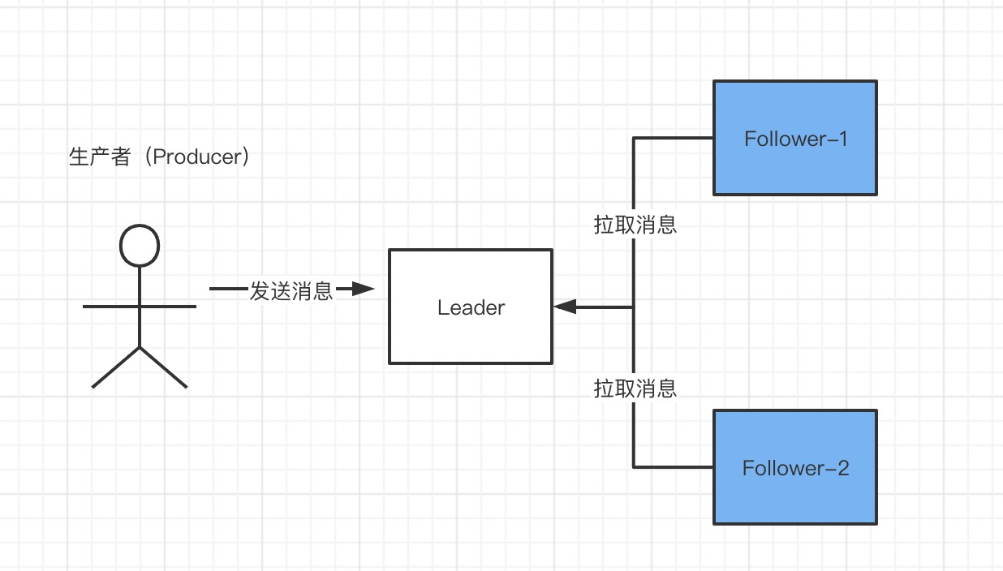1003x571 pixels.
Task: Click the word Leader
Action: [471, 307]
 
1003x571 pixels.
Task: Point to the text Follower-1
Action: [795, 139]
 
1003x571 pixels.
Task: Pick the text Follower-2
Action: [795, 468]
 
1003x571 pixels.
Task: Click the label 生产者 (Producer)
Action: [159, 157]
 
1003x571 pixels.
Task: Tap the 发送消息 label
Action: [291, 291]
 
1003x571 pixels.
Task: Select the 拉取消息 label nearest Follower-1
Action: [635, 225]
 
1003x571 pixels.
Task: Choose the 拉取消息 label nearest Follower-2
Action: [635, 389]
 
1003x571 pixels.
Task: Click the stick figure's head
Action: [140, 245]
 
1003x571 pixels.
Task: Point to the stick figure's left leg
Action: [116, 367]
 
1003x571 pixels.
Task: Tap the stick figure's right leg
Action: [164, 367]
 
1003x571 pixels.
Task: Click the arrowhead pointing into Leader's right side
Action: [565, 307]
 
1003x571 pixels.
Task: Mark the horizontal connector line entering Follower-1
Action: [674, 138]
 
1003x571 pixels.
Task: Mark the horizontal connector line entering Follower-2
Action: [674, 467]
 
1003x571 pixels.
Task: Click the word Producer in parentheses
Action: [196, 157]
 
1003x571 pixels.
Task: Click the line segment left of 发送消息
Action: [227, 289]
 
